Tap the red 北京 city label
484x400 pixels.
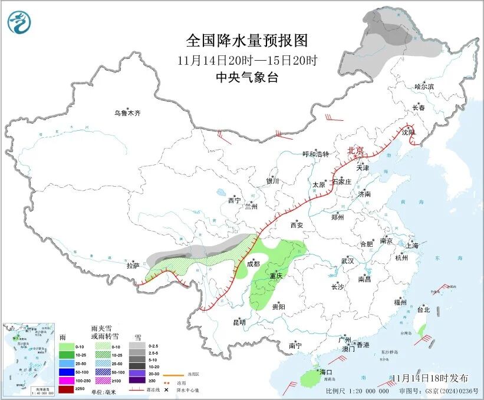tap(355, 150)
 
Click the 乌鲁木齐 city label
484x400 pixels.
tap(128, 113)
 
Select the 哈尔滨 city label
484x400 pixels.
tap(423, 86)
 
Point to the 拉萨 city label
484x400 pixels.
tap(133, 266)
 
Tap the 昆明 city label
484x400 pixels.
tap(239, 322)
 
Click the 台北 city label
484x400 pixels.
tap(423, 309)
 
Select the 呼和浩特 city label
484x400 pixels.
tap(315, 154)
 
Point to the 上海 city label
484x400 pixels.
tap(412, 245)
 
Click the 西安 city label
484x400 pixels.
tap(297, 225)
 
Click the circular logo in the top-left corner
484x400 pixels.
tap(19, 23)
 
